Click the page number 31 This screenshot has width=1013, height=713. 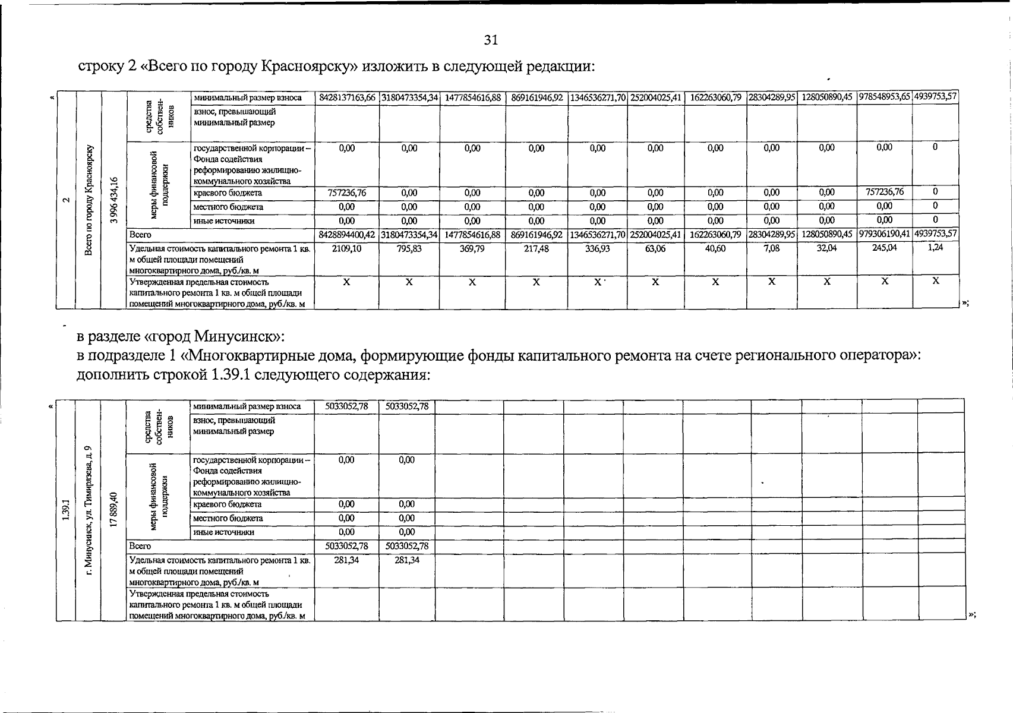[491, 40]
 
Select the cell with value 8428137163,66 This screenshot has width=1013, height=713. [347, 97]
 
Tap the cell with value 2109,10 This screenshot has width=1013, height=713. [347, 249]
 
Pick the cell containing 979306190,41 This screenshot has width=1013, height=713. [884, 235]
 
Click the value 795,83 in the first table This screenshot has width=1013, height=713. [409, 249]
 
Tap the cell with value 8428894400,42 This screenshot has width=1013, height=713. [347, 235]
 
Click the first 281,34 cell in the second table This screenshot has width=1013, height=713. [346, 560]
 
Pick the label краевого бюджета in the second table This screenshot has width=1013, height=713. [228, 504]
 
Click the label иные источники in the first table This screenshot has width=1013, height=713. [224, 221]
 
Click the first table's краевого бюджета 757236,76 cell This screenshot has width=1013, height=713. [347, 193]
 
